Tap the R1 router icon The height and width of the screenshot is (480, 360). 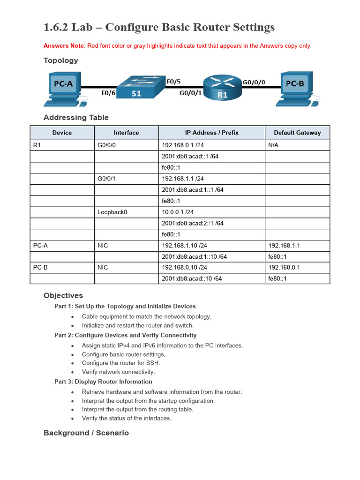pos(222,88)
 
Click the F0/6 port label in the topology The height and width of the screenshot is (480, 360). pos(108,93)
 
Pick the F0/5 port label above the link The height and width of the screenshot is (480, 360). pos(173,81)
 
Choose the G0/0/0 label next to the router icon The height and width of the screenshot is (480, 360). pos(254,82)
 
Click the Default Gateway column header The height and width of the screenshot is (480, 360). pos(297,133)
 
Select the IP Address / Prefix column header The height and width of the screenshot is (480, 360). pos(211,133)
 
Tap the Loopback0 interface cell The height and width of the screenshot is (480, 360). pos(112,212)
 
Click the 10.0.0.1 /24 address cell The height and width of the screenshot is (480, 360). pos(178,212)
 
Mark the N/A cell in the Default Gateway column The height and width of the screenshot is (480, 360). pos(273,145)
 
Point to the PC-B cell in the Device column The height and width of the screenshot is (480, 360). pos(41,267)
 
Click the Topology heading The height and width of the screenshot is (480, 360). pos(61,60)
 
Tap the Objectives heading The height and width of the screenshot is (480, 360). pos(63,296)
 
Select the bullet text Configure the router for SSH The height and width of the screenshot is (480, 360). pos(121,363)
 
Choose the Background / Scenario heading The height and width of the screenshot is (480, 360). pos(86,433)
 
